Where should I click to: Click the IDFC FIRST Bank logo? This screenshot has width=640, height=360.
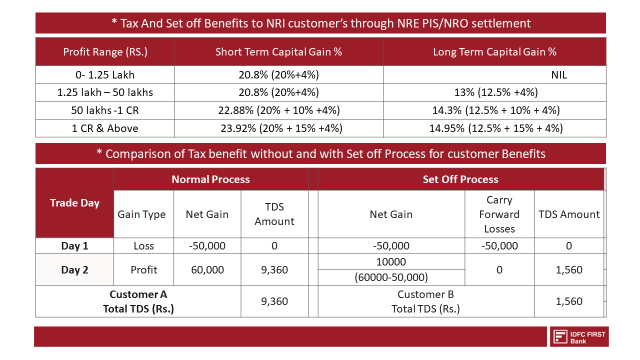click(579, 336)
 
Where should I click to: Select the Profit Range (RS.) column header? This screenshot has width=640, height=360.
click(104, 51)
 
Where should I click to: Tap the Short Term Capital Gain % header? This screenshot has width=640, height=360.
click(278, 51)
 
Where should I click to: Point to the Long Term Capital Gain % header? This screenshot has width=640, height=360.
click(495, 51)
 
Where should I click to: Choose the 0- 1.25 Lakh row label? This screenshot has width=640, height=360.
click(104, 74)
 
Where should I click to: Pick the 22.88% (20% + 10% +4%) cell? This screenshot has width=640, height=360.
click(278, 110)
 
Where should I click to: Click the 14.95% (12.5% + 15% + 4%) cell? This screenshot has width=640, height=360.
click(495, 128)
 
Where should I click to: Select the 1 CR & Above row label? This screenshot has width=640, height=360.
click(104, 128)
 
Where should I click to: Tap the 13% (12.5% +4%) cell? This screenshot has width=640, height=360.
click(495, 92)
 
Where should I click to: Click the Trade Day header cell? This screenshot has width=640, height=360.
click(75, 202)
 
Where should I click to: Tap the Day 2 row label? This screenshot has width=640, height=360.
click(75, 269)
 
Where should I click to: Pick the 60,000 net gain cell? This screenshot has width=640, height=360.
click(208, 269)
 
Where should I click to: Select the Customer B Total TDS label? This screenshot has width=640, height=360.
click(425, 301)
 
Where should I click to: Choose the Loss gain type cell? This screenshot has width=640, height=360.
click(145, 245)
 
